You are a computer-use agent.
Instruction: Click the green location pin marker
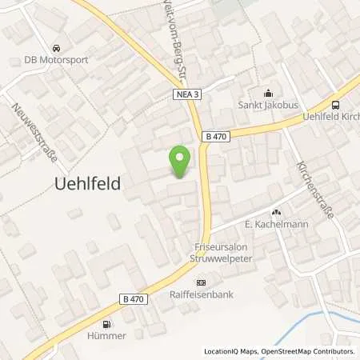click(180, 162)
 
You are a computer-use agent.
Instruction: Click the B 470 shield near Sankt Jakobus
click(215, 137)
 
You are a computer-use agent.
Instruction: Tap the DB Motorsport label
click(57, 59)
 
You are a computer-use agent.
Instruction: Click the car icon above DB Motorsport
click(56, 47)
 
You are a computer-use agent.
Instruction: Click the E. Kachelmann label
click(277, 224)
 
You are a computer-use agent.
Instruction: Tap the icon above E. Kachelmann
click(277, 212)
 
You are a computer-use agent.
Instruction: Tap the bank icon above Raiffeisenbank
click(201, 282)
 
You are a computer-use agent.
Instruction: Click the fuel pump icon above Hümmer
click(107, 324)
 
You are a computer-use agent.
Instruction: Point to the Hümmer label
click(107, 336)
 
